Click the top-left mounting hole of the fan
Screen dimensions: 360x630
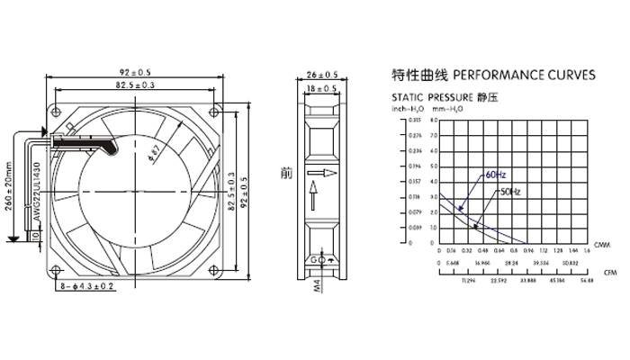59,112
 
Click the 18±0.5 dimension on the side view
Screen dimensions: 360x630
322,88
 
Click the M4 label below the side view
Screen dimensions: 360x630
317,287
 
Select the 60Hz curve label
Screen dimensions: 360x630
496,174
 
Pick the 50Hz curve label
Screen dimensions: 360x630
508,192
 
